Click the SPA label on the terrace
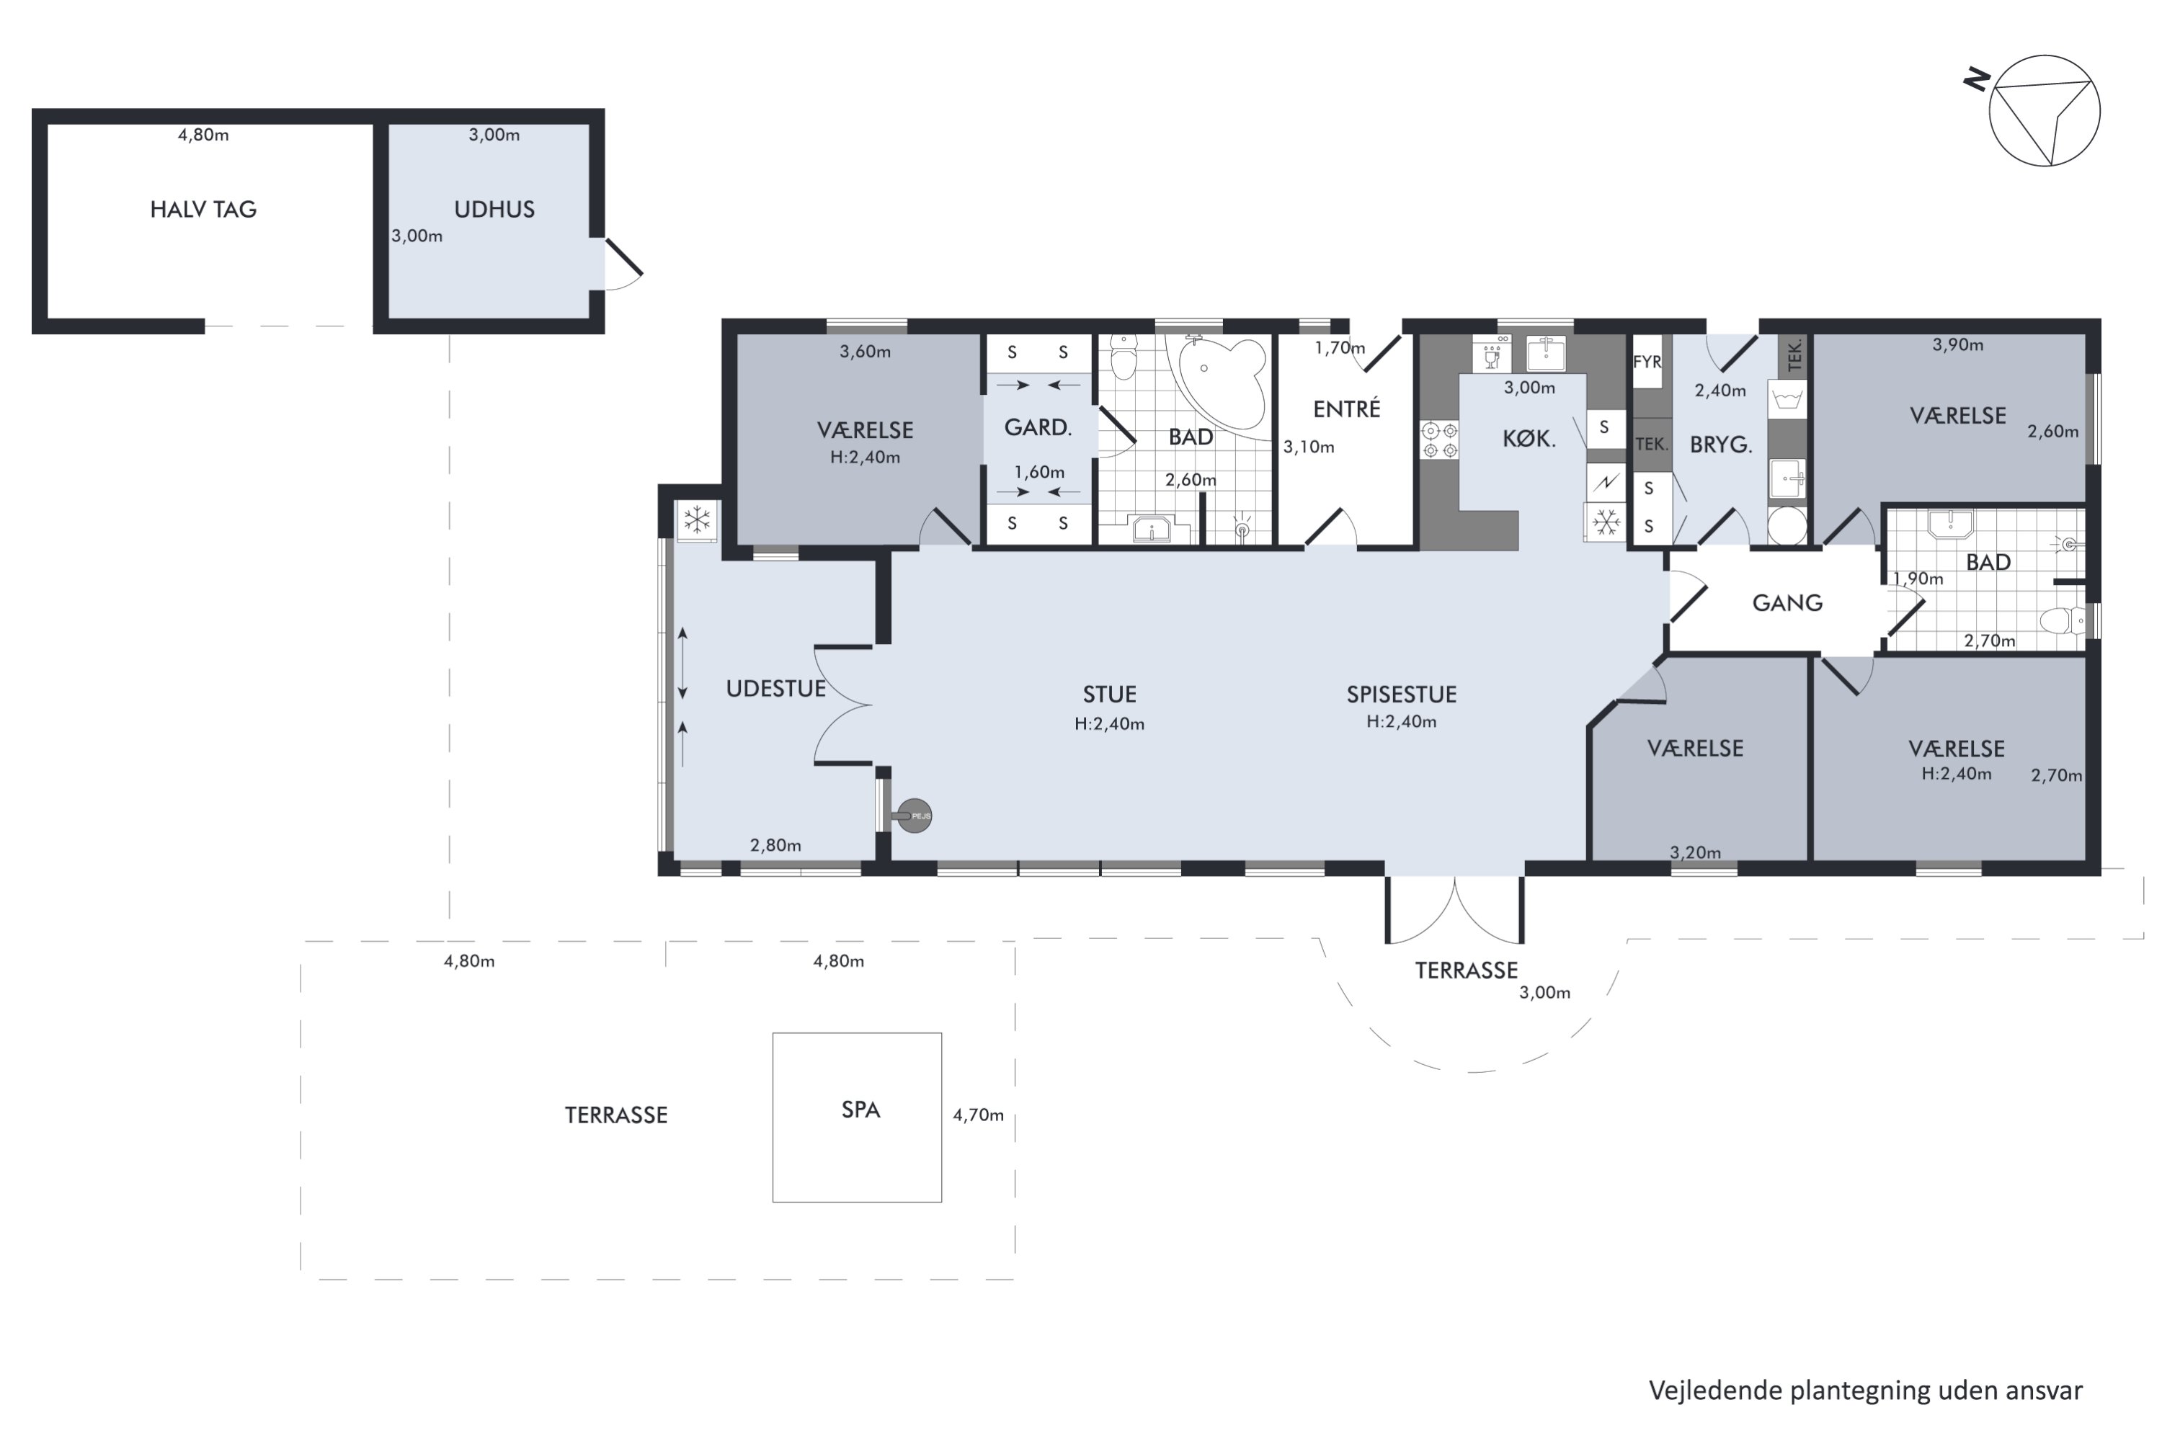click(860, 1110)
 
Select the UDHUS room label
click(494, 210)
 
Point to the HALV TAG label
click(203, 210)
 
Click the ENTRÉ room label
click(1347, 409)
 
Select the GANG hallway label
click(1787, 604)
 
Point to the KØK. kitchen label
click(1529, 440)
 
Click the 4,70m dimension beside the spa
click(978, 1115)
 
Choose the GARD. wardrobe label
click(1038, 427)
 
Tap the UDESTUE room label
click(776, 690)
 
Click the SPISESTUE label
click(1402, 695)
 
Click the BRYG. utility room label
click(1721, 445)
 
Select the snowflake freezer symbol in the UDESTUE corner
click(698, 520)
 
